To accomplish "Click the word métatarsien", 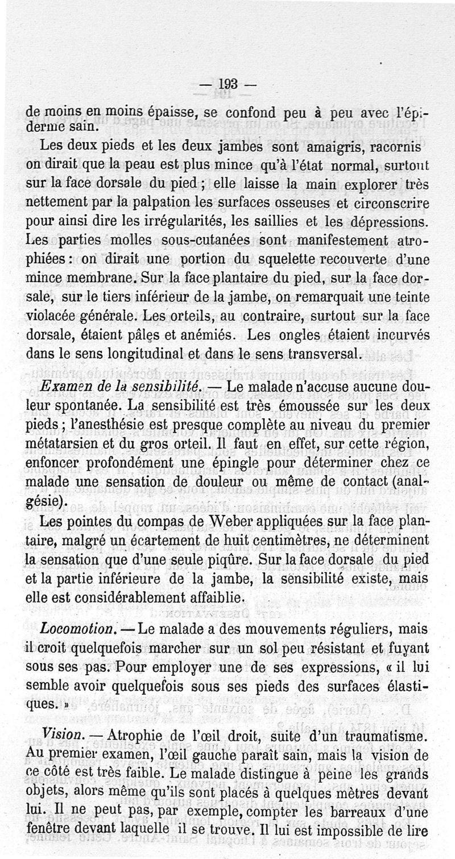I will [x=72, y=444].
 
